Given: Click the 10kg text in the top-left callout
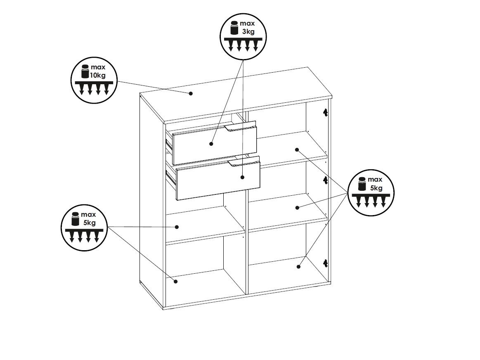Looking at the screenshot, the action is (98, 75).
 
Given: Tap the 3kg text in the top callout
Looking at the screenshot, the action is (248, 31).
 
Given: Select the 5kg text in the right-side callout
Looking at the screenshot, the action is (376, 188).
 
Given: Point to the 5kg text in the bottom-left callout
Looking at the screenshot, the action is (90, 223).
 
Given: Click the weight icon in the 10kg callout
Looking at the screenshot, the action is (85, 71).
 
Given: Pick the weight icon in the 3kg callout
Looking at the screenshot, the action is (234, 28).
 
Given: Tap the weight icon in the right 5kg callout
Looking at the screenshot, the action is (362, 184).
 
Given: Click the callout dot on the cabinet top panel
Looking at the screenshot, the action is (191, 93).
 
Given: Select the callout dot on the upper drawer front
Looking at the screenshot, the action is (211, 144).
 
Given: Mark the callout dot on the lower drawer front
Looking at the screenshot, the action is (242, 177).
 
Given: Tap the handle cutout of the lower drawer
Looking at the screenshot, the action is (244, 162).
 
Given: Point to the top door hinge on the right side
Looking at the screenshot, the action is (325, 112).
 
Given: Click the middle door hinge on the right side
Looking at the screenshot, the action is (325, 180).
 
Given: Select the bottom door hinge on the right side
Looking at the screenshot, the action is (325, 263).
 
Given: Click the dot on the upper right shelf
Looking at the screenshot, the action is (297, 150).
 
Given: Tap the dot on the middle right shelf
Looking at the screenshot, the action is (297, 208).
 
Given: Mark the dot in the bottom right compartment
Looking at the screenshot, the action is (299, 267).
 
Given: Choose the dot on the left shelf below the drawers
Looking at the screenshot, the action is (177, 227).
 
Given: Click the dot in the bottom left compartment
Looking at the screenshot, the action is (176, 281).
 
